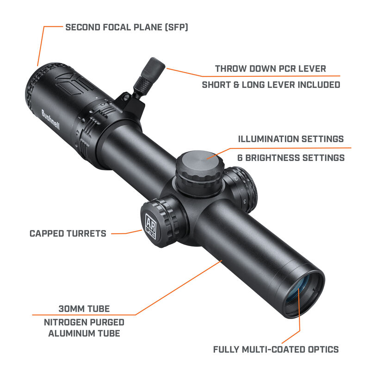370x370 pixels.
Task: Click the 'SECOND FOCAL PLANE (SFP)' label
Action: pos(126,27)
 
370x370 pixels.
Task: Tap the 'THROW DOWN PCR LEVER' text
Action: pos(271,69)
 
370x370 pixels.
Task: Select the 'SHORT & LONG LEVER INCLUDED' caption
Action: pos(271,85)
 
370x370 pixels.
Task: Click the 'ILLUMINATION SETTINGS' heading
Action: pos(290,139)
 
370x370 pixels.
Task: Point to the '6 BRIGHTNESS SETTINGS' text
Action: pos(291,158)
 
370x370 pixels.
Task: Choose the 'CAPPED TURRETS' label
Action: pos(68,233)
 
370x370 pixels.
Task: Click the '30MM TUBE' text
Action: pos(84,308)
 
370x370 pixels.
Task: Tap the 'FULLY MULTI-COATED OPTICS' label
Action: pos(276,349)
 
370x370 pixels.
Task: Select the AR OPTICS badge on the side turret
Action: pos(151,227)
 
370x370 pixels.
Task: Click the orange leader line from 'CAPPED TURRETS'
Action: pos(125,234)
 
